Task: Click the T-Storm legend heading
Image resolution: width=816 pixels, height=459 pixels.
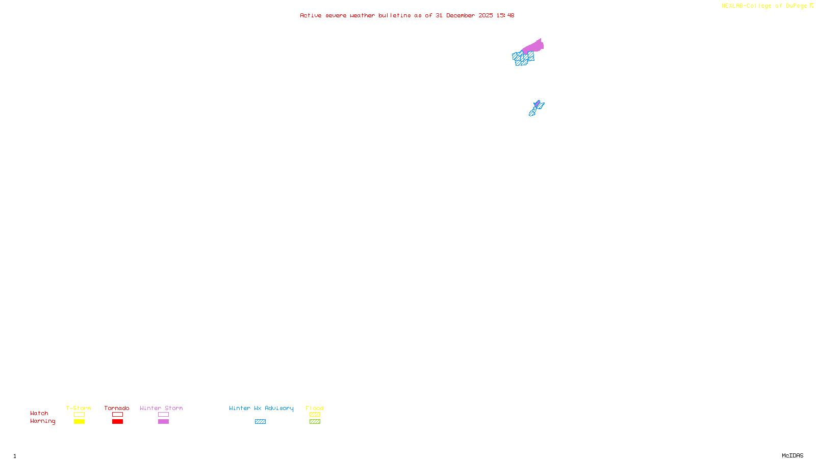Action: [79, 408]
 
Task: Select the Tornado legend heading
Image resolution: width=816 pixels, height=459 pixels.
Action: [117, 408]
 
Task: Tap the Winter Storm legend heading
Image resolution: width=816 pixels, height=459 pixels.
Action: [161, 408]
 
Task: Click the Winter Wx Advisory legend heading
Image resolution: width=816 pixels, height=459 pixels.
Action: [261, 408]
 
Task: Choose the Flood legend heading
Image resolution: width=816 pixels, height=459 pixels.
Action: [315, 408]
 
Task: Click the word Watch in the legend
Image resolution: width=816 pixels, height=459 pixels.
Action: [39, 413]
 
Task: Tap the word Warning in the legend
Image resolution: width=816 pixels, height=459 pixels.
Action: [43, 421]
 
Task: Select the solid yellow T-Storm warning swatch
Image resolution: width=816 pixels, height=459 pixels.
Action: [79, 422]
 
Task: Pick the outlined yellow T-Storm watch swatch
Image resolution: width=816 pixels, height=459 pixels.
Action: [79, 415]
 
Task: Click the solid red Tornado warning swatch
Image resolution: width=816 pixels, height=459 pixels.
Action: [117, 422]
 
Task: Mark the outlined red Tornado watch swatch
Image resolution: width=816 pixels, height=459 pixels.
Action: [117, 415]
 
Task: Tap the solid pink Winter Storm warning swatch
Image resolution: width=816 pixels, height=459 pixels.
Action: [163, 422]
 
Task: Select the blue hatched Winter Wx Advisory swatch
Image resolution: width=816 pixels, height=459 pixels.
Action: [260, 422]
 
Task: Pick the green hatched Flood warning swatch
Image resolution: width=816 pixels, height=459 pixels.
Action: [315, 422]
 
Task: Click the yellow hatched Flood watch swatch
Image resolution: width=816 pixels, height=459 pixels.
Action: [315, 415]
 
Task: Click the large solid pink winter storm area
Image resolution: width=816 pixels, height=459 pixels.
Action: [534, 47]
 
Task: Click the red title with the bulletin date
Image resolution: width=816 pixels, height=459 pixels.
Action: [407, 16]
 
